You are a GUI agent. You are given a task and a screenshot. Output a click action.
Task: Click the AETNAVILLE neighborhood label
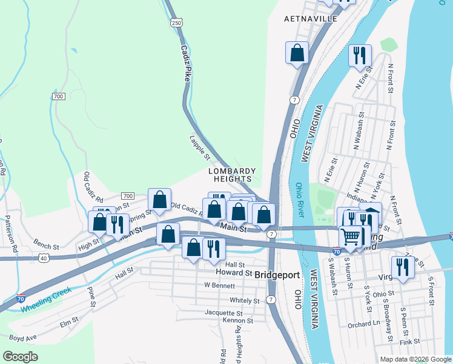coord(311,19)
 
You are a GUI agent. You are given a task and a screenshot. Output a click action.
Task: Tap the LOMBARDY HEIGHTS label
coord(232,175)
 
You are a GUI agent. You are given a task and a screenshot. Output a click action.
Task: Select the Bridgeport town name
coord(277,275)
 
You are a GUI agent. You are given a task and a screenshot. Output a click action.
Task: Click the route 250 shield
coord(176,22)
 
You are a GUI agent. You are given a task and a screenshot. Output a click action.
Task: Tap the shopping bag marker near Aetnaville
coord(297,53)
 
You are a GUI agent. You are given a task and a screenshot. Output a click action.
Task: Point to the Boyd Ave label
coord(23,337)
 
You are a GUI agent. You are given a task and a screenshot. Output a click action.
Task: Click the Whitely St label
coord(245,300)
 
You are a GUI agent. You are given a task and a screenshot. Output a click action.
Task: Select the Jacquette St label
coord(224,313)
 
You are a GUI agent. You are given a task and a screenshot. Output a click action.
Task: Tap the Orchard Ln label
coord(363,324)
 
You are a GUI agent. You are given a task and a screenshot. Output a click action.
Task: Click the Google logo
coord(20,357)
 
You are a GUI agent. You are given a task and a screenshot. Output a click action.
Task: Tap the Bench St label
coord(46,247)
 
